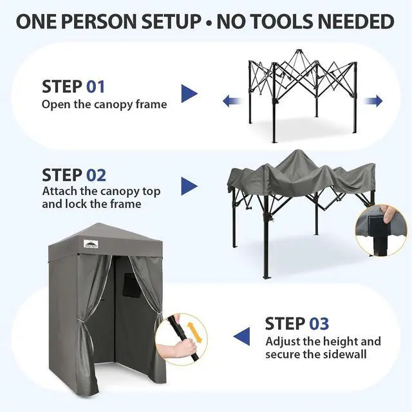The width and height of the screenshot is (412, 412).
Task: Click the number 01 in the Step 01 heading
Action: point(96,87)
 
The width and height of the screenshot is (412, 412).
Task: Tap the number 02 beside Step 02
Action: point(96,175)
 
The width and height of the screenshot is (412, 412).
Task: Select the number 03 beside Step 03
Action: point(319,323)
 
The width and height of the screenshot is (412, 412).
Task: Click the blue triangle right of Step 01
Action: point(189,93)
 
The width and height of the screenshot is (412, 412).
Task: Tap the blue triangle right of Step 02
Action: point(189,186)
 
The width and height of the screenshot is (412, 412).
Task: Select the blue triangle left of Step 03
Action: point(241,337)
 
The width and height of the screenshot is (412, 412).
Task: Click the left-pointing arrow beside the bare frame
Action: point(232,101)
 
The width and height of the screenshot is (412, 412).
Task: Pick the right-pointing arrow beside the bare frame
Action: point(373,101)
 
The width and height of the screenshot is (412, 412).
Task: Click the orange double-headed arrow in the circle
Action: point(194,333)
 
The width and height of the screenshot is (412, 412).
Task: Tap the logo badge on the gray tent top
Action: point(91,244)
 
